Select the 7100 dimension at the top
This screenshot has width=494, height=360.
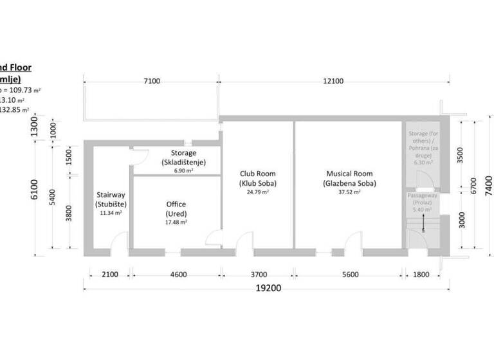tap(152, 81)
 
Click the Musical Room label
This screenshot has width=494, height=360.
tap(349, 178)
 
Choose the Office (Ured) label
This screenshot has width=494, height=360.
tap(176, 208)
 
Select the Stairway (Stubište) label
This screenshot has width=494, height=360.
tap(111, 199)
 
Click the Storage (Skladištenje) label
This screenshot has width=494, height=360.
tap(183, 157)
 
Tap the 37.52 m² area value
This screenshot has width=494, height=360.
tap(349, 192)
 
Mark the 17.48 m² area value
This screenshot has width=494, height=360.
tap(176, 222)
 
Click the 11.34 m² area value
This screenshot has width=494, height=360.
tap(111, 212)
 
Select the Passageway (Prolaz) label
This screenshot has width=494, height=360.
tap(422, 199)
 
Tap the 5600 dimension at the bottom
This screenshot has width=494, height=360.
tap(350, 274)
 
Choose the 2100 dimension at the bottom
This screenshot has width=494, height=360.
tap(110, 274)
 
